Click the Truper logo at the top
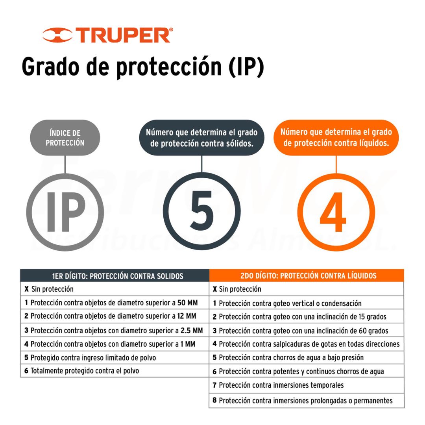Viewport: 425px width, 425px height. (x=107, y=35)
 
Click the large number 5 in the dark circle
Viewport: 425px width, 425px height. (x=201, y=210)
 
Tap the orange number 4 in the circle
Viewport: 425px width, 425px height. (x=333, y=212)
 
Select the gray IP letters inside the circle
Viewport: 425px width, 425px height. (x=66, y=212)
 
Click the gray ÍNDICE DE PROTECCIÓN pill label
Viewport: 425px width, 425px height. (x=65, y=138)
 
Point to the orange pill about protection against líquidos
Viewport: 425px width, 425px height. (x=336, y=138)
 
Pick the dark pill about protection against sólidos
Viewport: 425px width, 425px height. (x=201, y=138)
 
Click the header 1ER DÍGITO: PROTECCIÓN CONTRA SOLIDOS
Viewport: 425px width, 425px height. (x=118, y=276)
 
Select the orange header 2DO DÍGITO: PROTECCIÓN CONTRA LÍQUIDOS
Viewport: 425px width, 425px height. (x=309, y=275)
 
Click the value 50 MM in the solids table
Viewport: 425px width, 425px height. (x=188, y=303)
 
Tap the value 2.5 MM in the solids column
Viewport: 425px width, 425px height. (x=192, y=331)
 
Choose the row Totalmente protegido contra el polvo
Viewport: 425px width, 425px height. (x=81, y=371)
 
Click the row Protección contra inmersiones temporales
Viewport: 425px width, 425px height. (x=278, y=385)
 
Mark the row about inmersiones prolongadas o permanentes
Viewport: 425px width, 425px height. (x=303, y=400)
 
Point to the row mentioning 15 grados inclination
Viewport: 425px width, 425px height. (x=299, y=316)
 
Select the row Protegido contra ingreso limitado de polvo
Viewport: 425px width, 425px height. (x=90, y=357)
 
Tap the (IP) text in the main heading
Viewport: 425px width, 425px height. (x=246, y=67)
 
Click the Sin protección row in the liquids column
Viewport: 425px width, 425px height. (x=237, y=289)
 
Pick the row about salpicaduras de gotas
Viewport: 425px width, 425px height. (x=306, y=344)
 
